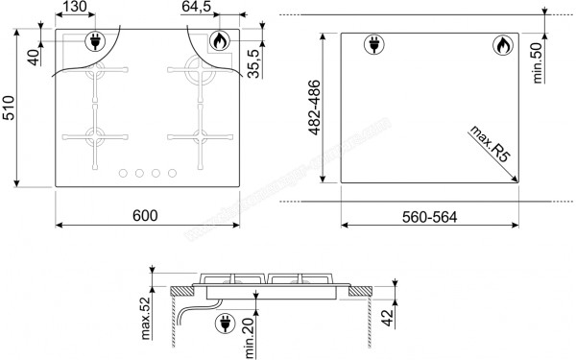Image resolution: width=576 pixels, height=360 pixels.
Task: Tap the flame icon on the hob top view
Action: (219, 42)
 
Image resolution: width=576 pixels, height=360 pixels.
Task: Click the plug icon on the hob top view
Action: (96, 42)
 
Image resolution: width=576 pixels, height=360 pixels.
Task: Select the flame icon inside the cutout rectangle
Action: (501, 44)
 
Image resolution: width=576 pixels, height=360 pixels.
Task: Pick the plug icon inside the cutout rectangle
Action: (373, 44)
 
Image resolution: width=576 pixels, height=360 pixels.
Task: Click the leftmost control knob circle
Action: (123, 174)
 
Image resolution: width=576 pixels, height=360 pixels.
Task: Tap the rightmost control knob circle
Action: (172, 174)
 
